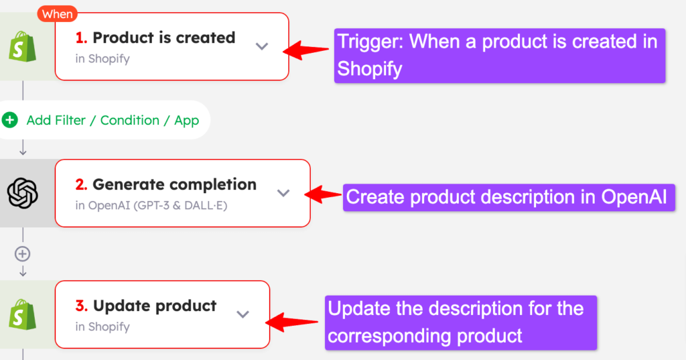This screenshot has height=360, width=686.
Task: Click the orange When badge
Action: [x=58, y=14]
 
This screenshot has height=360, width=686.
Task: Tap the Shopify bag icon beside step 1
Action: [x=22, y=46]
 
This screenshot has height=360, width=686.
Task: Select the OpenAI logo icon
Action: [x=23, y=193]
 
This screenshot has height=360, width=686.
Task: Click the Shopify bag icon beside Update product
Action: [x=22, y=314]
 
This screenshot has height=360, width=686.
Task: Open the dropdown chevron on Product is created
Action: [x=262, y=46]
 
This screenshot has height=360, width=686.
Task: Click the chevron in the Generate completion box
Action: [x=283, y=192]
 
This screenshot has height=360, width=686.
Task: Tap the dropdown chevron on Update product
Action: [x=243, y=314]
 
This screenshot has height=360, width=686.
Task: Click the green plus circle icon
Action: [x=9, y=119]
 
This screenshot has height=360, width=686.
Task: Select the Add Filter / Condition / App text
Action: [x=113, y=121]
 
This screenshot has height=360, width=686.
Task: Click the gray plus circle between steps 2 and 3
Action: [x=22, y=253]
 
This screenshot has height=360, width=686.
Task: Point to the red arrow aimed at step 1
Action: [x=305, y=50]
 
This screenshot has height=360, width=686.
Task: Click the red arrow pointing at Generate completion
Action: [x=323, y=194]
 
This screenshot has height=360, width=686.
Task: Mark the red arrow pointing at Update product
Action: [x=292, y=322]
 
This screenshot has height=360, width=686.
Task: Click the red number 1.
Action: [x=81, y=38]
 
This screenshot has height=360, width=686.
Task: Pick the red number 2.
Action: [x=81, y=184]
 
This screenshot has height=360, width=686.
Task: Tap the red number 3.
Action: [x=81, y=306]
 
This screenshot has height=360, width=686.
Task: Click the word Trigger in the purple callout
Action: [x=370, y=42]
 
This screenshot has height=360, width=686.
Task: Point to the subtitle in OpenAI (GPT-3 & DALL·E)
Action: [x=151, y=205]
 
